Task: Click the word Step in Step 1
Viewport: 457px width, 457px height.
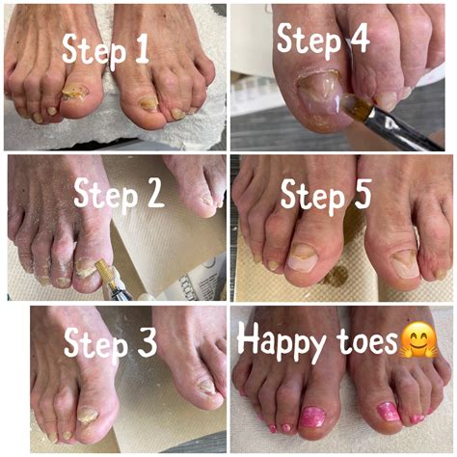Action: tap(94, 49)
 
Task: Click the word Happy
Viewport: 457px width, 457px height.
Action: tap(282, 341)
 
